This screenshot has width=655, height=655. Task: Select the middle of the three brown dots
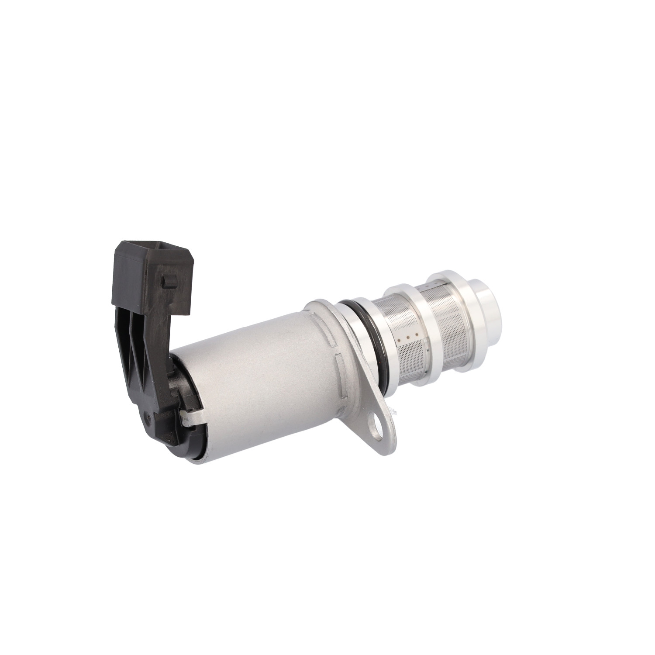[x=408, y=337]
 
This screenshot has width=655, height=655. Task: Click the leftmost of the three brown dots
[x=400, y=338]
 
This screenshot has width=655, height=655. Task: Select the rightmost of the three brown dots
[x=416, y=335]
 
